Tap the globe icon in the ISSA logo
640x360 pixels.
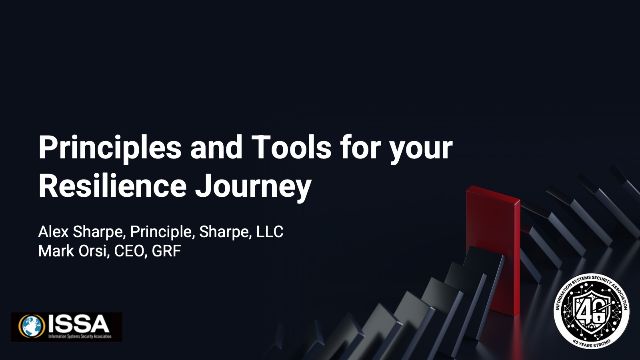click(31, 326)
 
